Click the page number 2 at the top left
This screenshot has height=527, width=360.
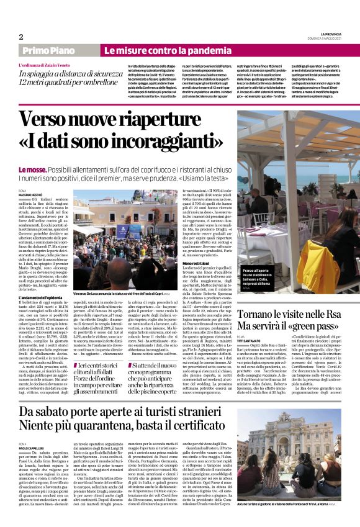point(20,37)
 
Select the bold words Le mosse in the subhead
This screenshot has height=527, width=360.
point(32,168)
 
